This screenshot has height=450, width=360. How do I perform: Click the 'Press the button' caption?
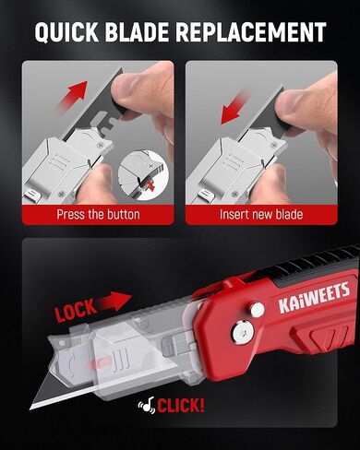tap(98, 214)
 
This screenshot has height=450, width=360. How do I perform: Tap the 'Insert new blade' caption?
tap(261, 214)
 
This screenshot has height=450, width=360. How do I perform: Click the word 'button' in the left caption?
tap(121, 214)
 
